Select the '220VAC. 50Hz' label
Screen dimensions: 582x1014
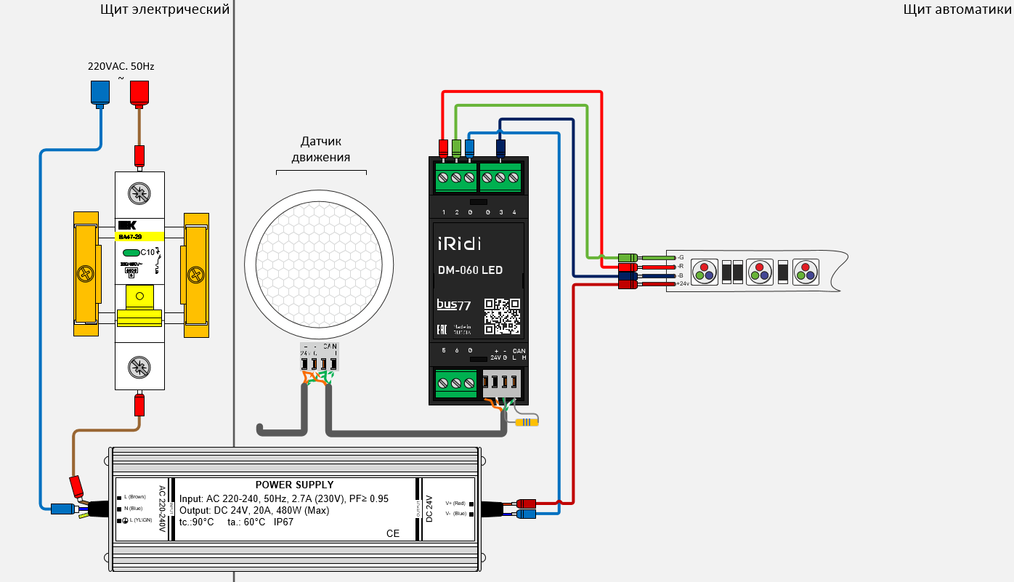tap(121, 66)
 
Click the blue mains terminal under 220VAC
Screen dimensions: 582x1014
tap(100, 92)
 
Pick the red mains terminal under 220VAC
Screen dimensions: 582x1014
tap(138, 92)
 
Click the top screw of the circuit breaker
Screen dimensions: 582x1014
tap(138, 193)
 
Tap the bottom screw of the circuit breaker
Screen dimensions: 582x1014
tap(138, 368)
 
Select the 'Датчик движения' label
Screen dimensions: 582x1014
tap(320, 149)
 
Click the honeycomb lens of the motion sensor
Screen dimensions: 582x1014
tap(319, 261)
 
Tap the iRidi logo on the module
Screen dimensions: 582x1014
tap(458, 243)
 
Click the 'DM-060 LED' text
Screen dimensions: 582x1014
tap(470, 270)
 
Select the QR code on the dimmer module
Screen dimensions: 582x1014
tap(503, 316)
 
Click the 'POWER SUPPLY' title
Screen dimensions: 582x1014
tap(294, 485)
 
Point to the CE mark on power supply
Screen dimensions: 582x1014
tap(393, 533)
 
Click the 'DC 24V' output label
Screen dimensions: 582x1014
tap(429, 509)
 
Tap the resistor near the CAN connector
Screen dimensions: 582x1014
tap(527, 421)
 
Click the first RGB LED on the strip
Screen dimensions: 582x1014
tap(704, 272)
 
